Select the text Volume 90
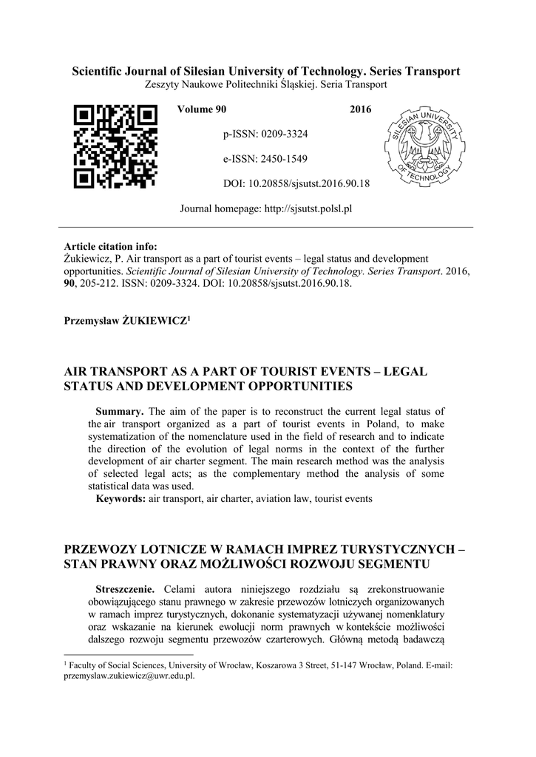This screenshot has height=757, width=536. [x=202, y=110]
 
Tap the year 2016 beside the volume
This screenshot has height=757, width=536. [x=360, y=110]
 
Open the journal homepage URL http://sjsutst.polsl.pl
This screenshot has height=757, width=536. [x=308, y=208]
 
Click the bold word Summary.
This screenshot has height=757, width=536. [x=120, y=411]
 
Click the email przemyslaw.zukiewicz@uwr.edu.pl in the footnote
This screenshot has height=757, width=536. [x=129, y=676]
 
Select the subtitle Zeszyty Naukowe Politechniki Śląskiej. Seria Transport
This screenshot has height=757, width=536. [x=265, y=85]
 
